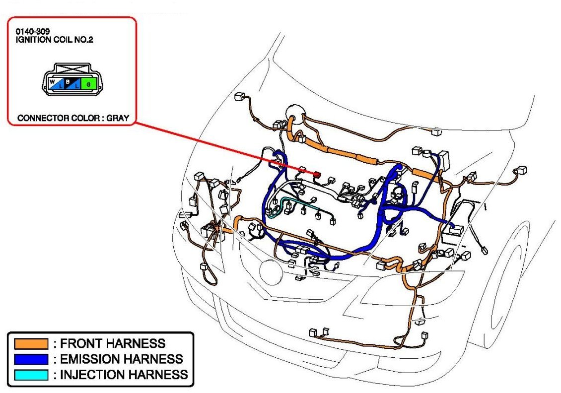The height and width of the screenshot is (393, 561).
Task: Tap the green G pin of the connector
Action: click(x=89, y=83)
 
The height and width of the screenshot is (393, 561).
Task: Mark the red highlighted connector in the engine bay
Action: click(x=316, y=174)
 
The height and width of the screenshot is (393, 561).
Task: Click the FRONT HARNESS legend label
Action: click(x=113, y=343)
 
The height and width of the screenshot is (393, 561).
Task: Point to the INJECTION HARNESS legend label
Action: click(x=124, y=375)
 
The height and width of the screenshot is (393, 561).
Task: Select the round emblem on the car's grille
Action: click(x=271, y=272)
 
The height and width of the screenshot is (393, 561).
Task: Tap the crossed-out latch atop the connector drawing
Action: click(x=72, y=68)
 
